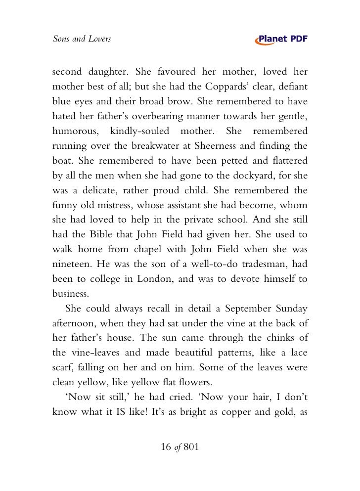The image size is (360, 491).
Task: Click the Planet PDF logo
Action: point(281,39)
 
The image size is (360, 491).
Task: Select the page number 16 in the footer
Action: point(166,447)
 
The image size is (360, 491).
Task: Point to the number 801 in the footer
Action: point(190,447)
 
